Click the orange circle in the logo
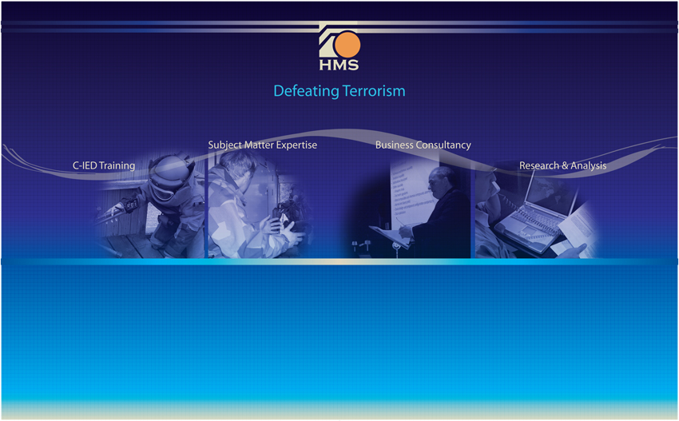tap(347, 45)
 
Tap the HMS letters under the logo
tap(339, 65)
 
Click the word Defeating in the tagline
tap(306, 91)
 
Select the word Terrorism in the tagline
tap(374, 91)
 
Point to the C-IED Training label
tap(104, 166)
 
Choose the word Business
tap(394, 145)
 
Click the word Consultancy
tap(443, 145)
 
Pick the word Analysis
tap(589, 165)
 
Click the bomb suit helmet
tap(169, 173)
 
